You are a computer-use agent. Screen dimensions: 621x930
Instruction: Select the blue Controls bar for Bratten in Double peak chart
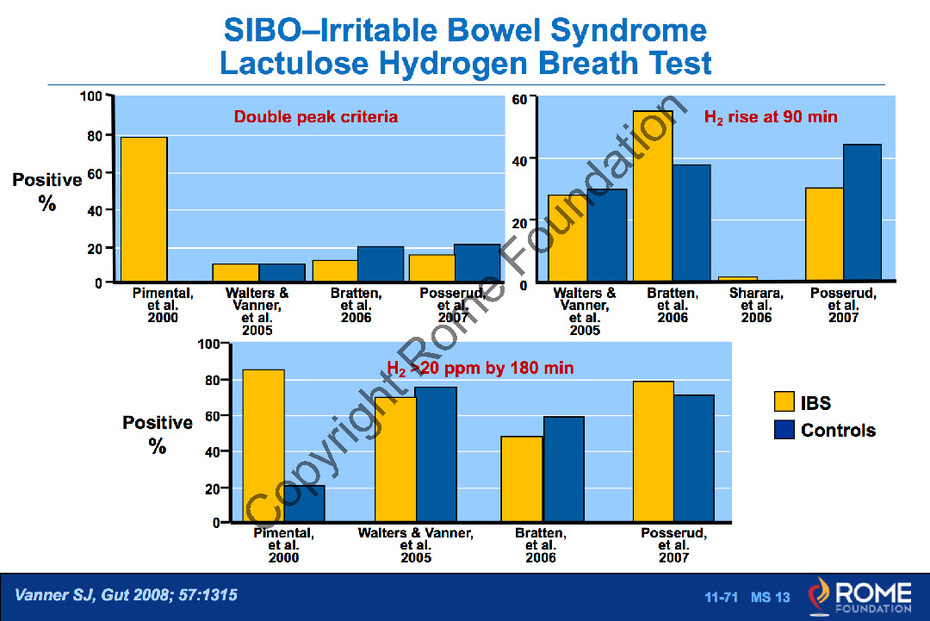(381, 264)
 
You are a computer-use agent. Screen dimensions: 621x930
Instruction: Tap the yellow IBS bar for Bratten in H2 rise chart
(653, 196)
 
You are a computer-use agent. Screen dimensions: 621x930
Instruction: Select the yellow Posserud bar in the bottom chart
(654, 451)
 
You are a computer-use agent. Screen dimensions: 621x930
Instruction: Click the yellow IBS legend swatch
(784, 402)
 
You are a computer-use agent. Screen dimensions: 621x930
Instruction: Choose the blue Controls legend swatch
(784, 429)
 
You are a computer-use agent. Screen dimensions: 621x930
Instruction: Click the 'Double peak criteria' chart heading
(316, 117)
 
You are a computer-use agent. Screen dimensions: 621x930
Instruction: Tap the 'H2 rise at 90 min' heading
(770, 117)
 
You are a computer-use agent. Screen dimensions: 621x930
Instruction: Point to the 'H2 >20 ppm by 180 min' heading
(480, 369)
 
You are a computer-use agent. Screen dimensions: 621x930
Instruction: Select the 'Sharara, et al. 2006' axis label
(756, 306)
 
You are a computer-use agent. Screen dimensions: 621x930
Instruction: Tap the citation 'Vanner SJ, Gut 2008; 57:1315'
(126, 595)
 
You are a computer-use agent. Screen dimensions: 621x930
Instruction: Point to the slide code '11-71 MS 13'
(747, 597)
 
